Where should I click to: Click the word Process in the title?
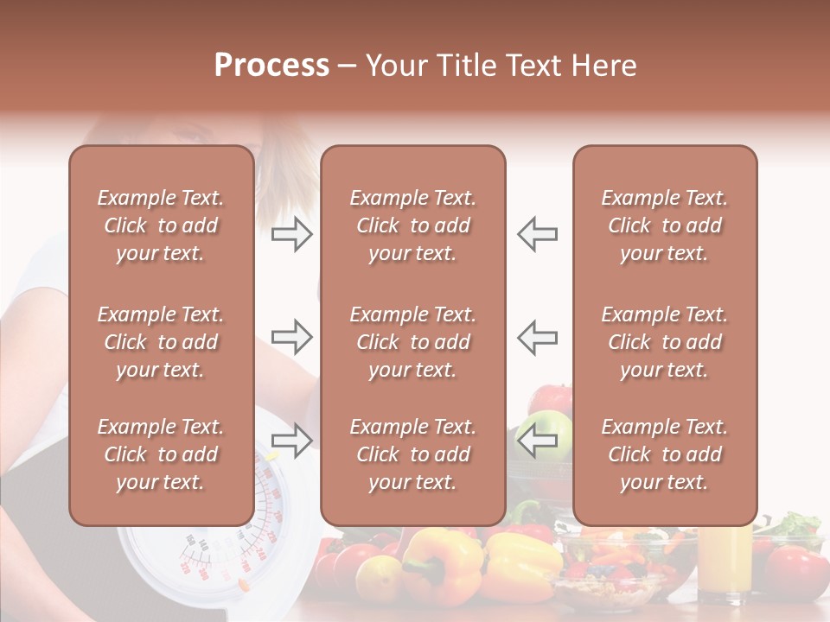271,66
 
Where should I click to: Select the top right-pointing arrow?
291,234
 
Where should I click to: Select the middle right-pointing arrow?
291,337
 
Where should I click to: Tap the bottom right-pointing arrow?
291,440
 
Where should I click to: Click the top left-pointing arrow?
538,234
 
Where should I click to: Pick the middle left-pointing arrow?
538,337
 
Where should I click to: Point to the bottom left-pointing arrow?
538,440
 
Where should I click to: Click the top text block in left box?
161,225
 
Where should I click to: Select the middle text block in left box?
161,342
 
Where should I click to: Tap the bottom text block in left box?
161,454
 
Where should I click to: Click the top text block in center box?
412,225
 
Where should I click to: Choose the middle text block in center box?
412,342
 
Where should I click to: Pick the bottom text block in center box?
412,454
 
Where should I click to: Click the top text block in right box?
664,225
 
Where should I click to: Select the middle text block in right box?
664,342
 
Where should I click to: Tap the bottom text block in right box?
664,454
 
